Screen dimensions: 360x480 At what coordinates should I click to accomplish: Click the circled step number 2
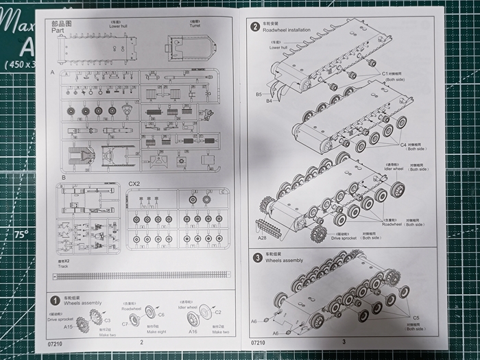[x=254, y=27]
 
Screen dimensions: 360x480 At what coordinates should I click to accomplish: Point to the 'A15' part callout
[x=69, y=328]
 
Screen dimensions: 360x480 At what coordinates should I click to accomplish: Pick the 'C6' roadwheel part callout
[x=160, y=315]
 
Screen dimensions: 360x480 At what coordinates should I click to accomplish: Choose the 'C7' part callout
[x=125, y=324]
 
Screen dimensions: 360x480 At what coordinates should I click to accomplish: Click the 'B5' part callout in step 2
[x=259, y=93]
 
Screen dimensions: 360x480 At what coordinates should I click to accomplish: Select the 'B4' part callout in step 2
[x=269, y=101]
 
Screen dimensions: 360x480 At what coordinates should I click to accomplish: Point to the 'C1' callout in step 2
[x=386, y=73]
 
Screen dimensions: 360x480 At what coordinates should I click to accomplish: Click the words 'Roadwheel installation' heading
[x=291, y=30]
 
